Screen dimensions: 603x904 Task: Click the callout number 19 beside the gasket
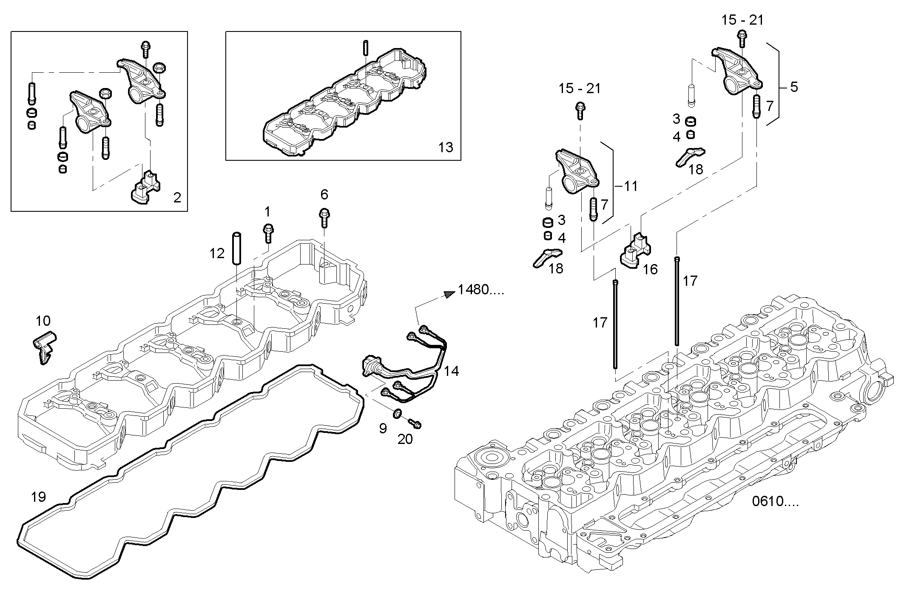39,496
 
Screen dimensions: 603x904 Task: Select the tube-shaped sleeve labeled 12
236,247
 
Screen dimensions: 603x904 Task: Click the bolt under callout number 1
268,233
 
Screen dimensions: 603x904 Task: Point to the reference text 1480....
480,290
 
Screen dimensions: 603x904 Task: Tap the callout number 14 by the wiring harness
452,371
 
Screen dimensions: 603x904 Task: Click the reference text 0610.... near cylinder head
775,502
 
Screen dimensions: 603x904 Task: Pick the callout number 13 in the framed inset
446,147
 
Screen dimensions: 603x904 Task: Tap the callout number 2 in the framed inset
177,197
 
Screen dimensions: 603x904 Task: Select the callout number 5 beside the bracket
793,87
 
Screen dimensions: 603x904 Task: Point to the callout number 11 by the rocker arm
631,186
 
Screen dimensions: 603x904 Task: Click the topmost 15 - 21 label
742,20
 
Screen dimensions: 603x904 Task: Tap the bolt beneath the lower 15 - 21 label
580,109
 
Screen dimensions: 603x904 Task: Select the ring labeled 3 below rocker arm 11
549,222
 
